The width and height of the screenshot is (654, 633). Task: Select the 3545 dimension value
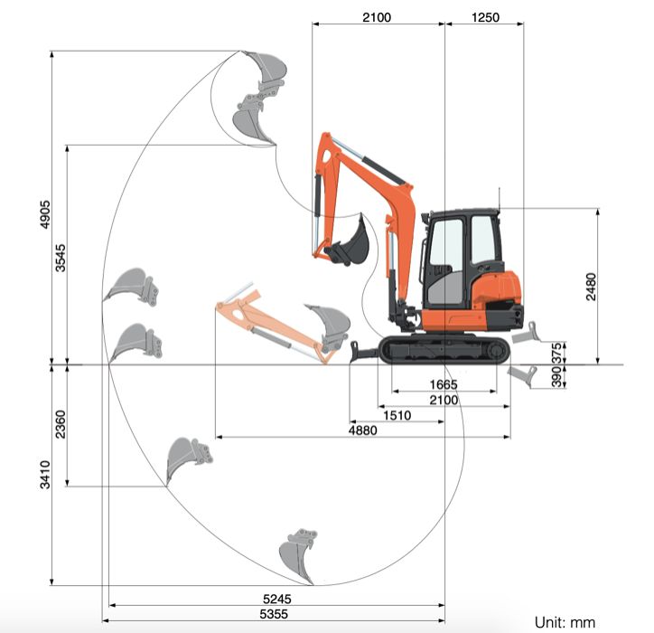click(61, 256)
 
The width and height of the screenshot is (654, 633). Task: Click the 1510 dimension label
click(397, 416)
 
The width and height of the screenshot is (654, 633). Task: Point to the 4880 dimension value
click(361, 430)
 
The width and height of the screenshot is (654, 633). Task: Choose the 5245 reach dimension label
click(276, 599)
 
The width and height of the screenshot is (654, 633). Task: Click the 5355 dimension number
click(276, 614)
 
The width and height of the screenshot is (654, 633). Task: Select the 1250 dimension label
click(485, 17)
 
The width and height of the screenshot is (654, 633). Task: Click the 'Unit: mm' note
click(565, 621)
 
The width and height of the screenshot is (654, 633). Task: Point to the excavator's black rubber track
click(440, 350)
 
